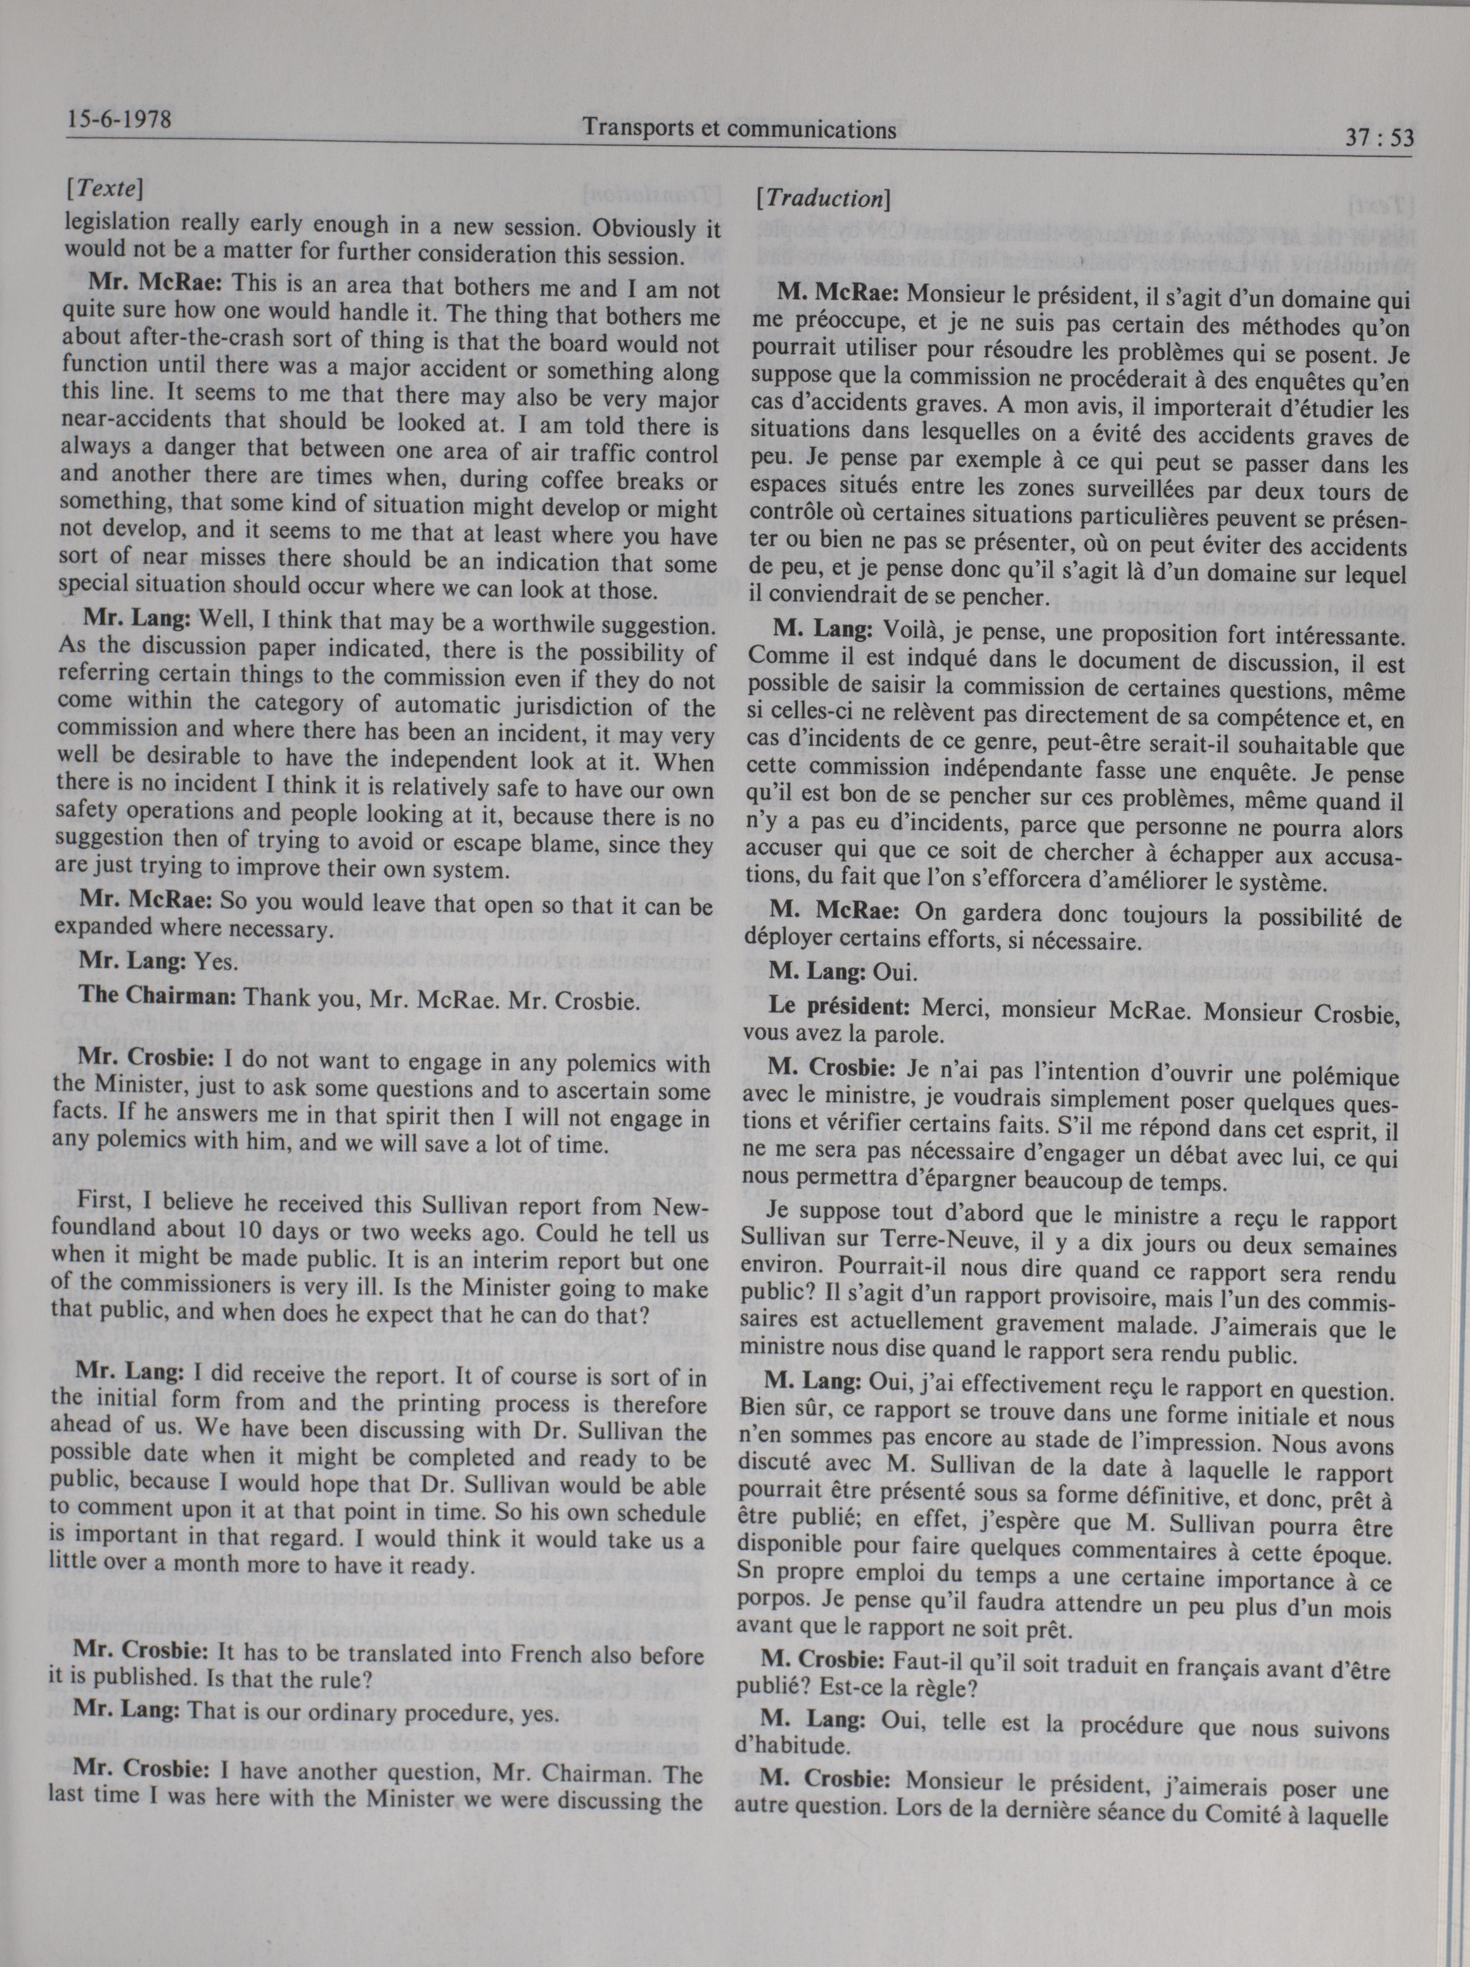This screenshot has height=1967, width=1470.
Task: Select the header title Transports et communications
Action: coord(738,130)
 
